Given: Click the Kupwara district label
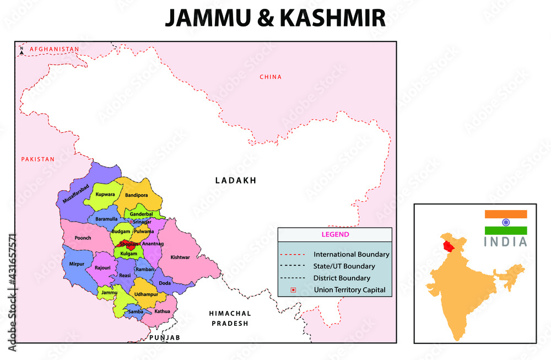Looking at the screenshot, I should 105,195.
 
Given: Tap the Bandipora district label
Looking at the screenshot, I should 137,195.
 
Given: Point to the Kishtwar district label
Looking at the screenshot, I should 180,257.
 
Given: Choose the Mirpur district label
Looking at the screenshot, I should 77,264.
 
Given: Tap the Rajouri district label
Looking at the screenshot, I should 102,267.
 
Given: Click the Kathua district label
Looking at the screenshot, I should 162,311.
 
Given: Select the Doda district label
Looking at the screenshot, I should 165,283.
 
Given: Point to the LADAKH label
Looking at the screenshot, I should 236,180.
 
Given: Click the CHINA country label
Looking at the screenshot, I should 271,77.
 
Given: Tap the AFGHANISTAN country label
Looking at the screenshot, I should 55,49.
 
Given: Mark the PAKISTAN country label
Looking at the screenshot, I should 38,159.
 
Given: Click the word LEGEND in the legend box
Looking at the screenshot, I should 334,234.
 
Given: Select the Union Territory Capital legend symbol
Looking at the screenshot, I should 293,290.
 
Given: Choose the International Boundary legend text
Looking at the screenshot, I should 351,255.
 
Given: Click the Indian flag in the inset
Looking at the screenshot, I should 506,222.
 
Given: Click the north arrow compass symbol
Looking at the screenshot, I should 21,50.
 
